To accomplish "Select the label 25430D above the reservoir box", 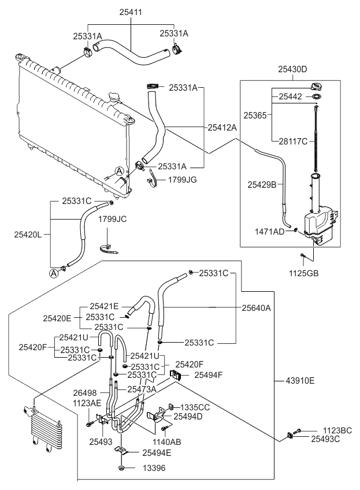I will point(292,69).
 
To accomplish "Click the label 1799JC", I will point(112,220).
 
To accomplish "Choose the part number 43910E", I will point(300,380).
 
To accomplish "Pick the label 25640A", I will point(257,308).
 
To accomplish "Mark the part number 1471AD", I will point(270,231).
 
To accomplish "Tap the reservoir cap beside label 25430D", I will point(317,87).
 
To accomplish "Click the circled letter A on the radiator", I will point(118,170).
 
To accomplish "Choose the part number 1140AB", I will point(167,442).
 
